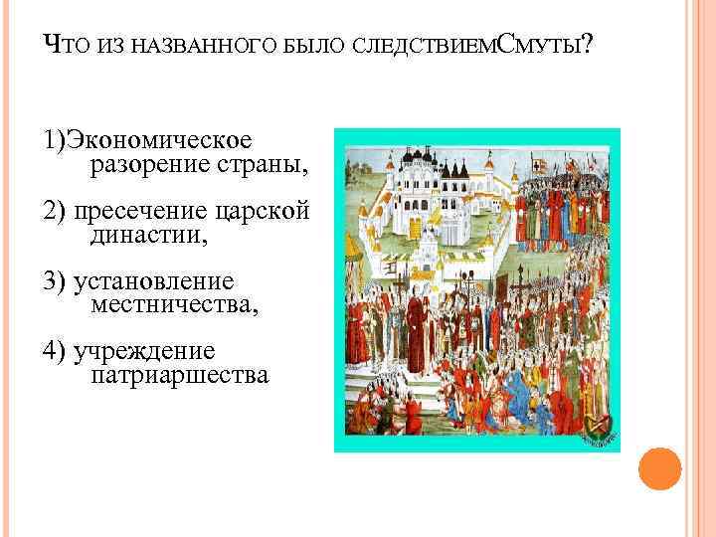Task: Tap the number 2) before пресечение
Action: (55, 211)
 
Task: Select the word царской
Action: (260, 211)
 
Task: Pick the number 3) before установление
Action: (55, 281)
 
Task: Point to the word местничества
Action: (174, 305)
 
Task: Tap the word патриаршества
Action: (179, 376)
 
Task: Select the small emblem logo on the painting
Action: (600, 426)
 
